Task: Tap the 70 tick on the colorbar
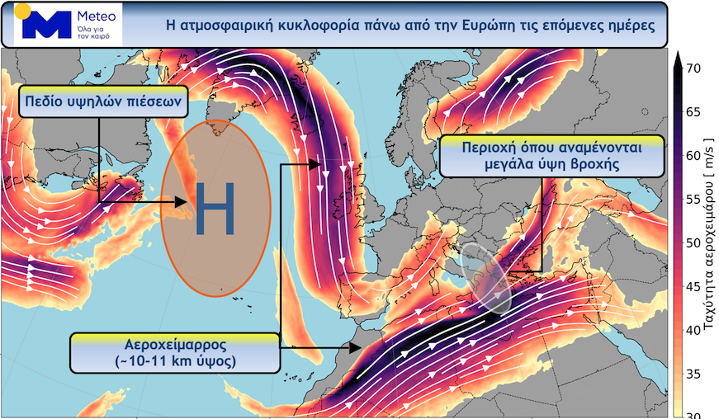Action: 694,69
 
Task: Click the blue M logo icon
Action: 46,25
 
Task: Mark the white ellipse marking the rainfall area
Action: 487,277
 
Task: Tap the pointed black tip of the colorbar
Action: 678,56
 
